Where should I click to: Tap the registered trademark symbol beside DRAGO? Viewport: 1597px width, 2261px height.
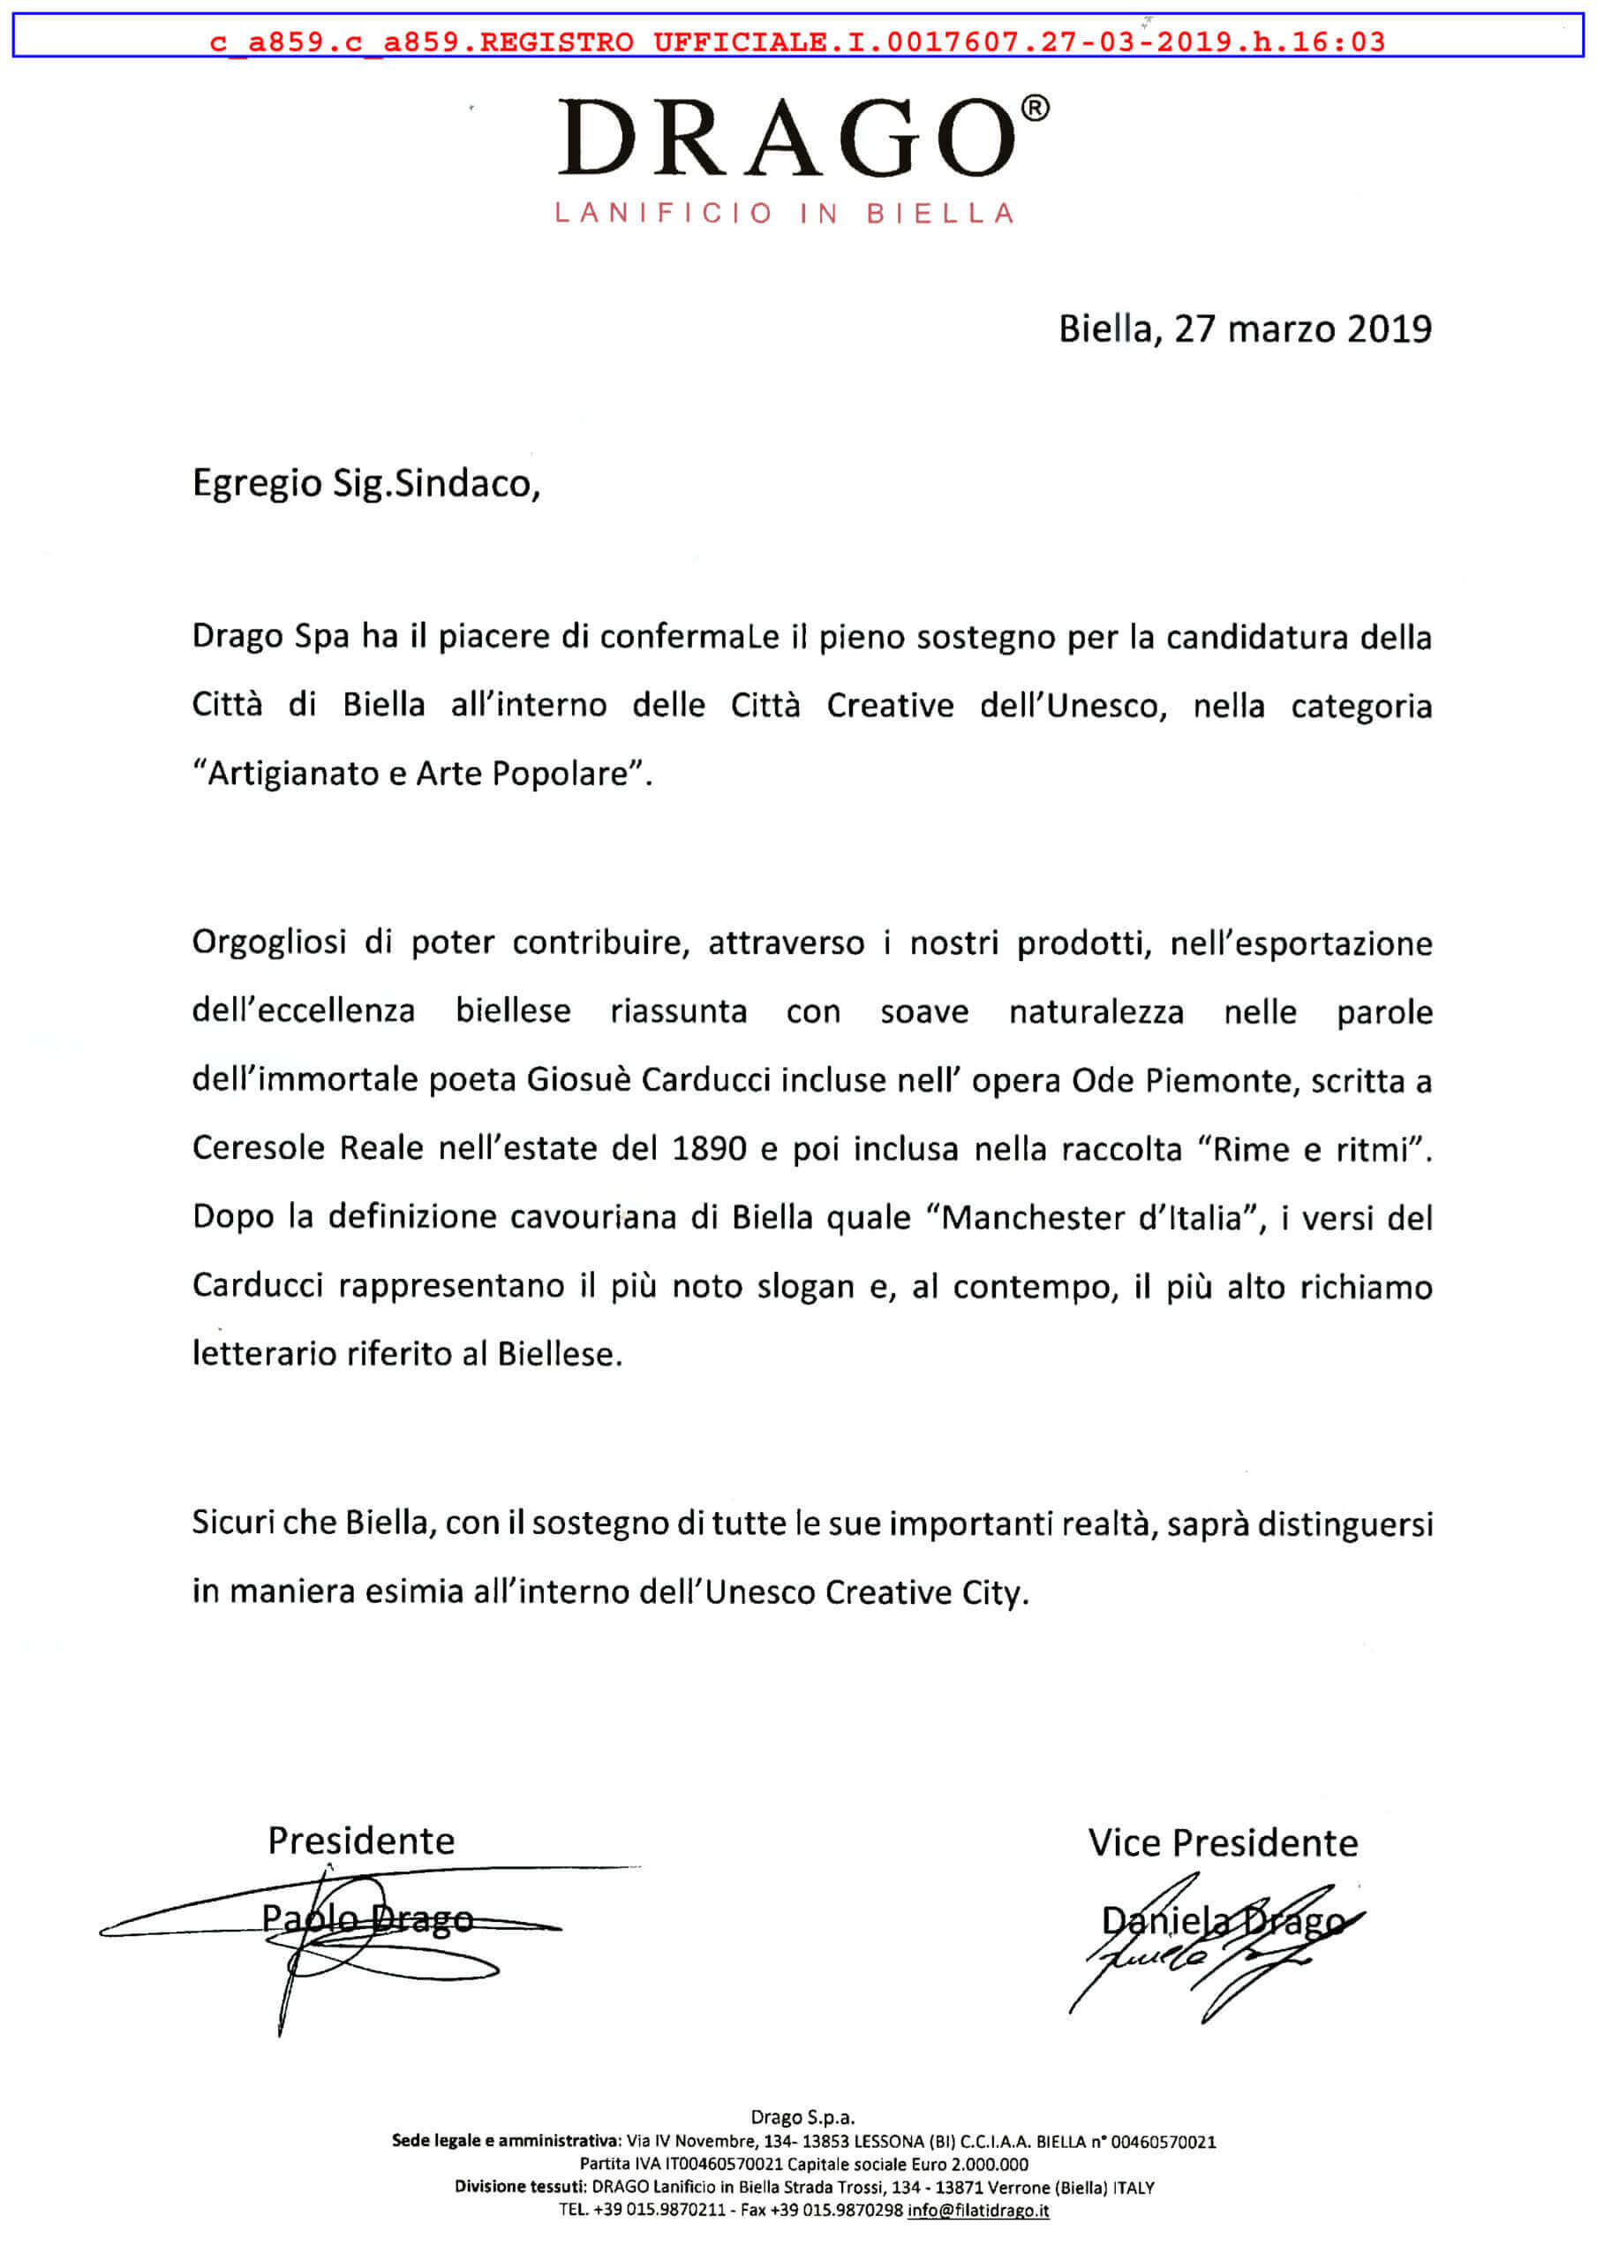[x=1035, y=109]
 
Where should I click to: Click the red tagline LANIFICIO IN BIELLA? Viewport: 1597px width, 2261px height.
[x=785, y=214]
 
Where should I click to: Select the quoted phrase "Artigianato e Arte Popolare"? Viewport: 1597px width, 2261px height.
[x=421, y=773]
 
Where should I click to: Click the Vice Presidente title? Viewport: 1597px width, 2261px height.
[x=1222, y=1842]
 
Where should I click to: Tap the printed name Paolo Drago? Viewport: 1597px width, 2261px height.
[x=367, y=1918]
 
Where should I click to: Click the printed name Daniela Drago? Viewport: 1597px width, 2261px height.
[x=1222, y=1920]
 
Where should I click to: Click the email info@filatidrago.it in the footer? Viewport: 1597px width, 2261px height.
[x=977, y=2210]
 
